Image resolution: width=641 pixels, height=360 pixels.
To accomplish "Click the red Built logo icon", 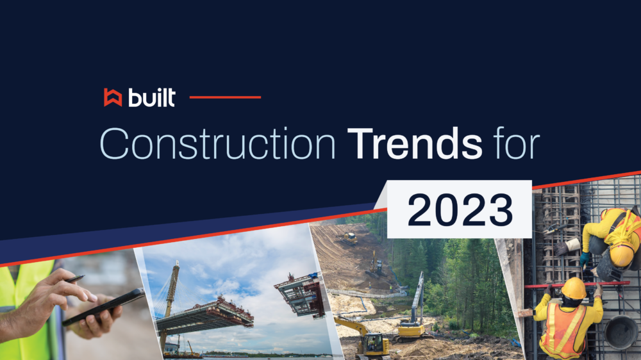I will [113, 97].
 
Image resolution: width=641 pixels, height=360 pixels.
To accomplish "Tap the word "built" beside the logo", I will [151, 97].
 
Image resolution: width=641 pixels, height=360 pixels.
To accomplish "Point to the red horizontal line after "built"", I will [226, 97].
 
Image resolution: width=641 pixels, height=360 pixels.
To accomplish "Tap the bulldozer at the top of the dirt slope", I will [350, 238].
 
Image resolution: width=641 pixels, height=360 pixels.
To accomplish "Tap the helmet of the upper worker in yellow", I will [620, 255].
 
